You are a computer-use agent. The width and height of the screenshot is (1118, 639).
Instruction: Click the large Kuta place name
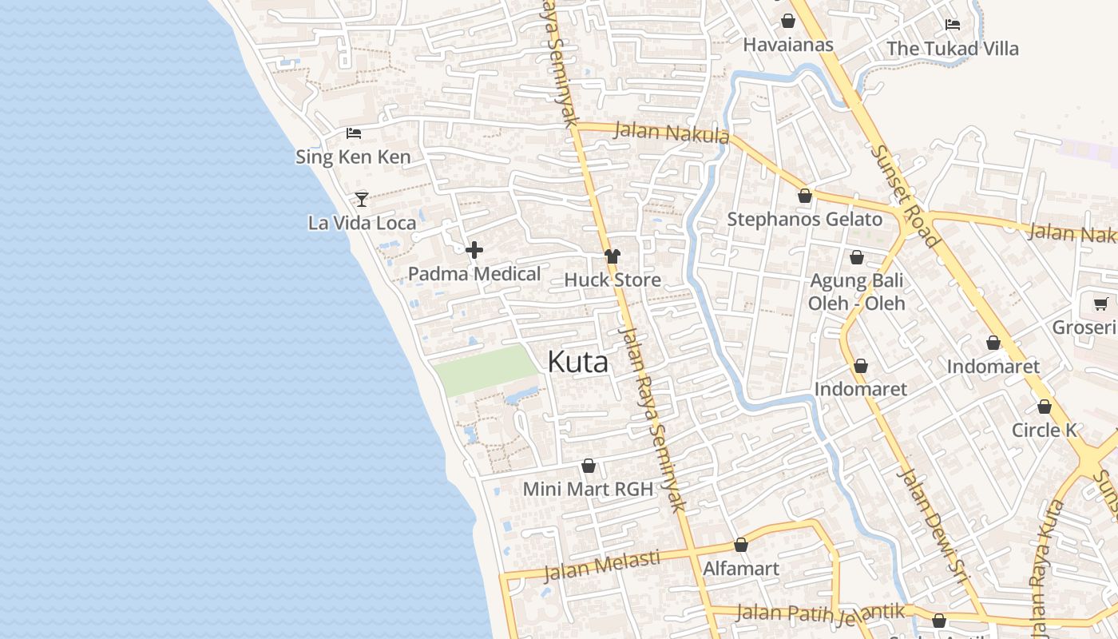[x=577, y=363]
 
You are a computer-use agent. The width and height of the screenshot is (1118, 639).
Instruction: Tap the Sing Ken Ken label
[x=353, y=157]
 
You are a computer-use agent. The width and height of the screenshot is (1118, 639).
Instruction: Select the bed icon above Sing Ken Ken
[x=354, y=133]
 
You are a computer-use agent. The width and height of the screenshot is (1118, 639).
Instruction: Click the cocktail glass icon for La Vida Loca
[x=362, y=199]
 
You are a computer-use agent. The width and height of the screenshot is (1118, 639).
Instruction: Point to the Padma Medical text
[x=474, y=274]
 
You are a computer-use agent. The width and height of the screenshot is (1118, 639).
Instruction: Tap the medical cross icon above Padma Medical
[x=474, y=251]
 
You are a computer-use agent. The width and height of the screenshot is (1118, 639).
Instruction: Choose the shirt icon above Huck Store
[x=613, y=256]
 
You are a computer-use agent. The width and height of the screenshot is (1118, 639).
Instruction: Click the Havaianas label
[x=788, y=45]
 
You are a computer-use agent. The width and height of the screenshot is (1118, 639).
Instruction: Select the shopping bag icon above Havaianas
[x=788, y=21]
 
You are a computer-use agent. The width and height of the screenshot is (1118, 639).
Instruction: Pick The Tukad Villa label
[x=953, y=49]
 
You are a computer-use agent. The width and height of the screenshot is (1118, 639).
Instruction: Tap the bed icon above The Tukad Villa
[x=952, y=25]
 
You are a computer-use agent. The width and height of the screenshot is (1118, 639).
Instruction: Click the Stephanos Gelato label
[x=805, y=220]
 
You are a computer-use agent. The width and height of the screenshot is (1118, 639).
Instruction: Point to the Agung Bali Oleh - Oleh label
[x=857, y=292]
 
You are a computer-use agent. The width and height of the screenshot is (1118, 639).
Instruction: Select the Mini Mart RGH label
[x=588, y=489]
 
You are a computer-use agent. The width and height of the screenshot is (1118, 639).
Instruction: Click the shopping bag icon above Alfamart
[x=741, y=546]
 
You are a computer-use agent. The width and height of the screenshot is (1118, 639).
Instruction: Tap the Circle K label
[x=1045, y=431]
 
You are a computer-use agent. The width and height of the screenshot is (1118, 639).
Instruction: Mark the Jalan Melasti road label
[x=602, y=565]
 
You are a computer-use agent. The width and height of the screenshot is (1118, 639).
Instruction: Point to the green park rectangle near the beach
[x=485, y=370]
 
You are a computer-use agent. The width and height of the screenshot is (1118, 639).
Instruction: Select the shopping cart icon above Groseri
[x=1100, y=304]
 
